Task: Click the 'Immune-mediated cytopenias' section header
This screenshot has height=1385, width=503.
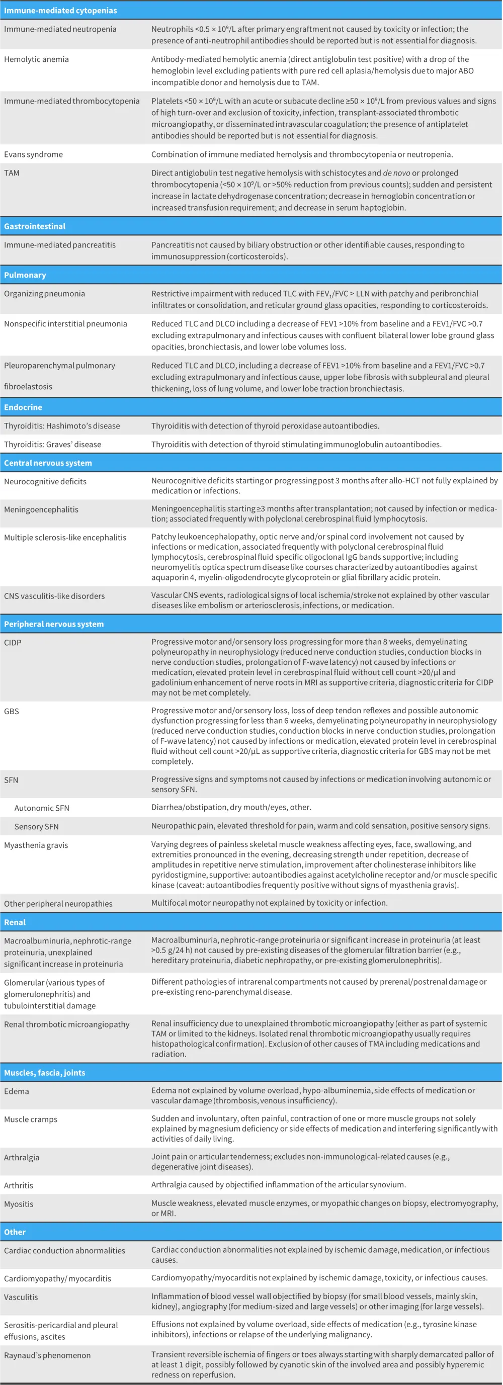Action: (x=60, y=11)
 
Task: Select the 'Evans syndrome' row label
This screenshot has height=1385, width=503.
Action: (x=33, y=154)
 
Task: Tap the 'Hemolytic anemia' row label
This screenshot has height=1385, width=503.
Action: (x=36, y=59)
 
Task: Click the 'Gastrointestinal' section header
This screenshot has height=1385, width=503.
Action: (x=34, y=226)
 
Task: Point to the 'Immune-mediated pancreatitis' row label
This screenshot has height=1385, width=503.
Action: (x=60, y=244)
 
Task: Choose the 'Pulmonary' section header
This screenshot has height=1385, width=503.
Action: (x=25, y=275)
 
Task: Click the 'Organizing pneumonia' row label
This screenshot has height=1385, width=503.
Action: (x=44, y=294)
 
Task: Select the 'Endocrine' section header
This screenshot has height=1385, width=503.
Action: (x=23, y=407)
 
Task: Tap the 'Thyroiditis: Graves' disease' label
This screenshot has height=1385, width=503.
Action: (x=52, y=444)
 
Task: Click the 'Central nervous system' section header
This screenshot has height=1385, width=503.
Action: (x=48, y=463)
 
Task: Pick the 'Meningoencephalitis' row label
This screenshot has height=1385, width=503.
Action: (x=41, y=509)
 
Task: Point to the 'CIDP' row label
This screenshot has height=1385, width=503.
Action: (x=13, y=643)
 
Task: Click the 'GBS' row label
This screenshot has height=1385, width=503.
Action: (x=11, y=711)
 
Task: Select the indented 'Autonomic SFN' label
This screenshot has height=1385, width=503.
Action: (x=41, y=808)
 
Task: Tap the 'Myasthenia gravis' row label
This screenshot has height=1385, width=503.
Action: (x=36, y=845)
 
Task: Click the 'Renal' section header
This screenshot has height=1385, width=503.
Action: (x=15, y=922)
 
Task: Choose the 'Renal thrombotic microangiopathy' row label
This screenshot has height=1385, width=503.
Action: (x=67, y=1024)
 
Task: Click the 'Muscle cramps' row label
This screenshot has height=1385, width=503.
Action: (x=30, y=1119)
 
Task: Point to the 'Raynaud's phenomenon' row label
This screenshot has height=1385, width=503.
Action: (x=47, y=1355)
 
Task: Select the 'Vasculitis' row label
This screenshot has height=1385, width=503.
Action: (x=21, y=1297)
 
